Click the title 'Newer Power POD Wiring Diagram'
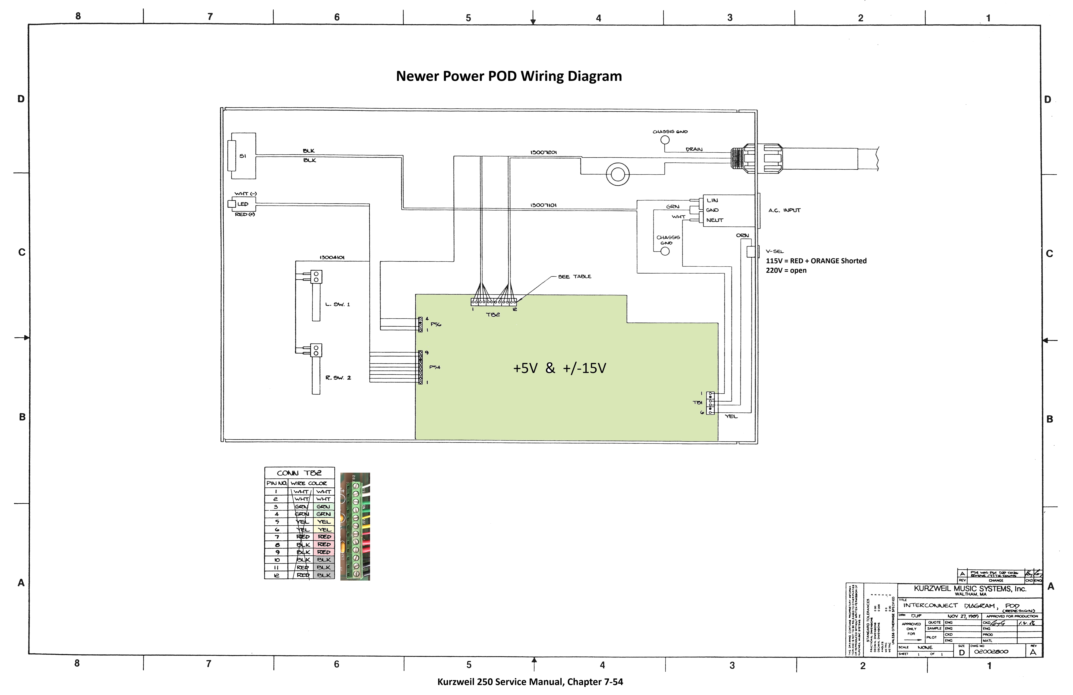[x=508, y=76]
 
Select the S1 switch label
[x=243, y=156]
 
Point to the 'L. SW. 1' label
[x=337, y=304]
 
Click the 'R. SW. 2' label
[x=338, y=378]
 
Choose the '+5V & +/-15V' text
[x=559, y=368]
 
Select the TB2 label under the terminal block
[x=493, y=315]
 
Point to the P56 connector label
[x=436, y=324]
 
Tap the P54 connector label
[x=434, y=367]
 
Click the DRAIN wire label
[x=694, y=149]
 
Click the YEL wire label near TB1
[x=731, y=417]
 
